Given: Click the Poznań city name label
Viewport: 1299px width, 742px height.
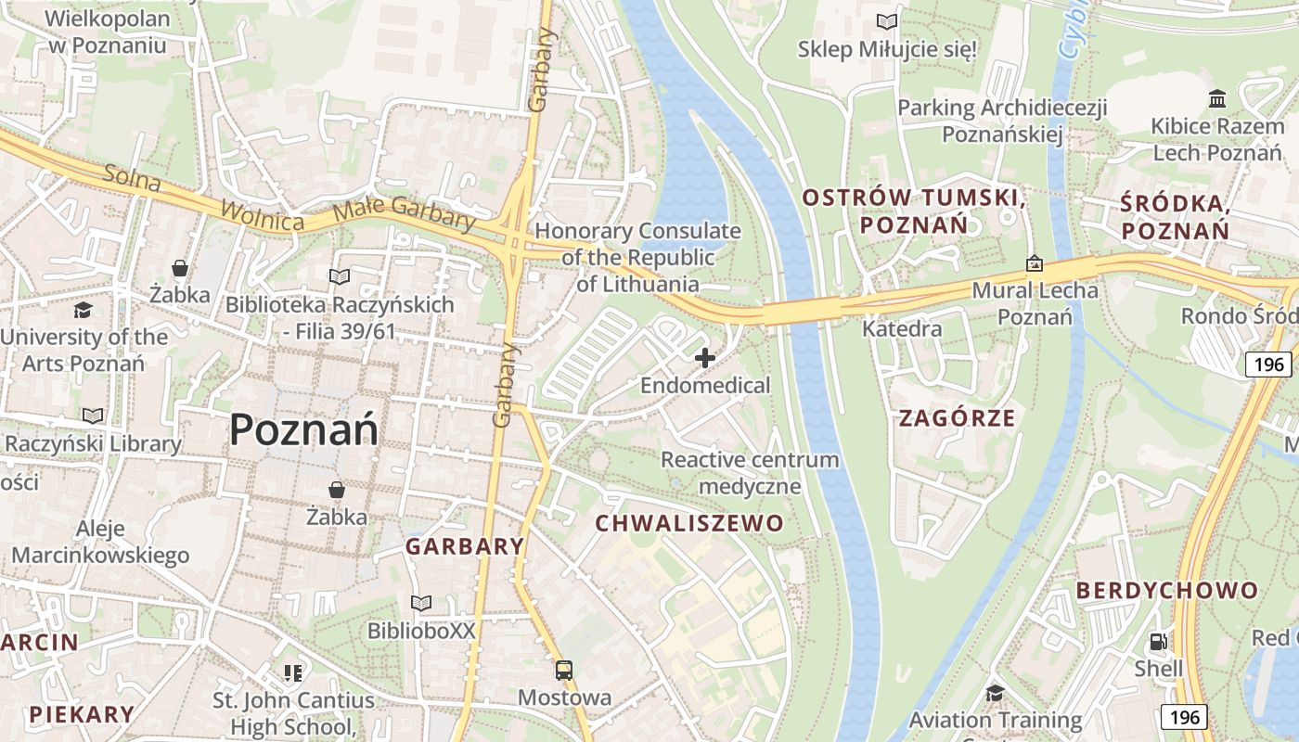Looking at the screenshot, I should coord(303,430).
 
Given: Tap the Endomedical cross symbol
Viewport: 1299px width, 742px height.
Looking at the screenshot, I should coord(705,357).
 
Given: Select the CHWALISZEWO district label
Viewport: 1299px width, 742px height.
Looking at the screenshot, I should coord(689,523).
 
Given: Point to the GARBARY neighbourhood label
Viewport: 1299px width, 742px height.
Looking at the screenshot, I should coord(465,546).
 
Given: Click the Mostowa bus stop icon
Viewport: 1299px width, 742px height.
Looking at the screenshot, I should coord(563,671).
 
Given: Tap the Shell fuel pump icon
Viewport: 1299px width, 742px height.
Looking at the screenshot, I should coord(1158,642).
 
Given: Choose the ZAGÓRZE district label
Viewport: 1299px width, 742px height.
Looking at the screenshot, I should coord(957,418).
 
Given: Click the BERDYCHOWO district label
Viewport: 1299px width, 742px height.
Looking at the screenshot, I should coord(1167,591).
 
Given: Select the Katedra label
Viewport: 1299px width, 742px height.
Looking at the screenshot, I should coord(902,328).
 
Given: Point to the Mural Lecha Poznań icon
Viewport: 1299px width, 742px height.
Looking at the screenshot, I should coord(1035,264).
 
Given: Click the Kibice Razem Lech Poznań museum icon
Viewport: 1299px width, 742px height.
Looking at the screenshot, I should coord(1217,98).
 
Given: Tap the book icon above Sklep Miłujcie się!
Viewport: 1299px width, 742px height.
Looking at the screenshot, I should coord(887,20).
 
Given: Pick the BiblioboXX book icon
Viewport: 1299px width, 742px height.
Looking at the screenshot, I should coord(421,604).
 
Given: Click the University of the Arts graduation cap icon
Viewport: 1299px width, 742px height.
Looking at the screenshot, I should coord(84,310).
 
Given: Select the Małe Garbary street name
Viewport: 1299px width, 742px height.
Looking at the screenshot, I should coord(404,212).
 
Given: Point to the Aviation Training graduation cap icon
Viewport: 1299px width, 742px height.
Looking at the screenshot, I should coord(995,693).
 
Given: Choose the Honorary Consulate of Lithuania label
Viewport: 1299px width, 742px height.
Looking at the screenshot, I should coord(637,257).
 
